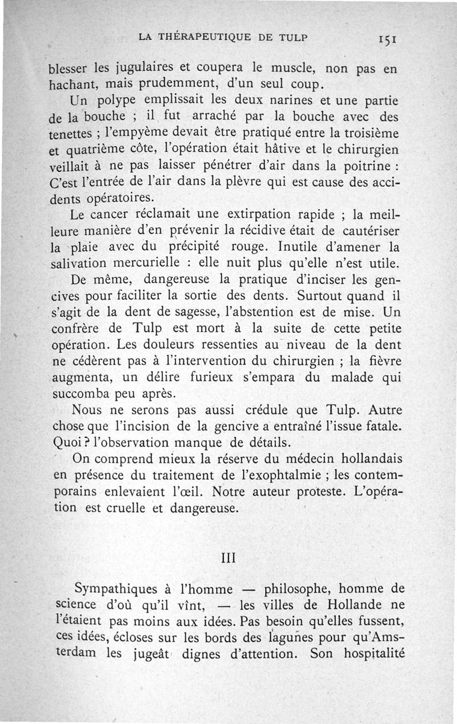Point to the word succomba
coord(82,395)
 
